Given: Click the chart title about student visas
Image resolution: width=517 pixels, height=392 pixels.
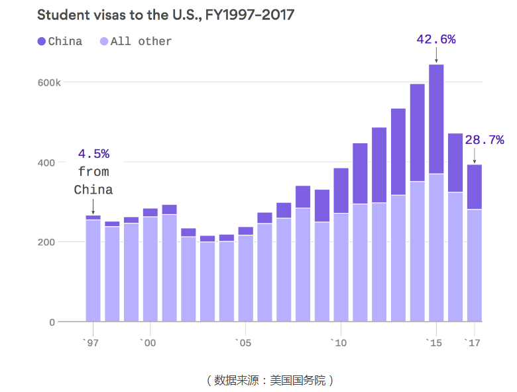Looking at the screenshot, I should (x=165, y=14).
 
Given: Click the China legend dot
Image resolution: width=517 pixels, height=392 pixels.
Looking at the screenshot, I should (x=42, y=41).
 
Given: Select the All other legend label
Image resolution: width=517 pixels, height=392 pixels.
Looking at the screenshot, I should (x=141, y=41).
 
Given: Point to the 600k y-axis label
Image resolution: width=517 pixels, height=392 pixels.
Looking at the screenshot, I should (x=49, y=82).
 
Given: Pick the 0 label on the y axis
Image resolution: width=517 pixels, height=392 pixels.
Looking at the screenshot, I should (x=52, y=322).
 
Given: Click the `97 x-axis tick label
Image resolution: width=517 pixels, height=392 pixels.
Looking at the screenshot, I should (x=91, y=343).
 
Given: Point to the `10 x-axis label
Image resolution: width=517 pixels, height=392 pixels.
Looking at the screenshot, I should (x=340, y=343).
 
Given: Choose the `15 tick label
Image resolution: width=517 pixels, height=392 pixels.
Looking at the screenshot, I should (x=435, y=343).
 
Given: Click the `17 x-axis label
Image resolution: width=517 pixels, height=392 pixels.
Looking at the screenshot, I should (x=473, y=343).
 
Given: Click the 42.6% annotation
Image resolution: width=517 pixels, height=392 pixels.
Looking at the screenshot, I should (x=435, y=39).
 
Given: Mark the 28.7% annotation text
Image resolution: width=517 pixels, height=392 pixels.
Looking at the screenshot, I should (x=484, y=139).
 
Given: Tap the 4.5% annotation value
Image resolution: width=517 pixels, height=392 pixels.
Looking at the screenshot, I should (x=93, y=154).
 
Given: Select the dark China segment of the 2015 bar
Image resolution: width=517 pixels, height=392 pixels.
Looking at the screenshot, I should (x=435, y=119).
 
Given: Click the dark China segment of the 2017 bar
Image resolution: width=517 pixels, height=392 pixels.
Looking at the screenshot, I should (x=474, y=187).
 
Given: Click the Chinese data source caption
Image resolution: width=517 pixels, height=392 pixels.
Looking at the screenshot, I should (x=269, y=380).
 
